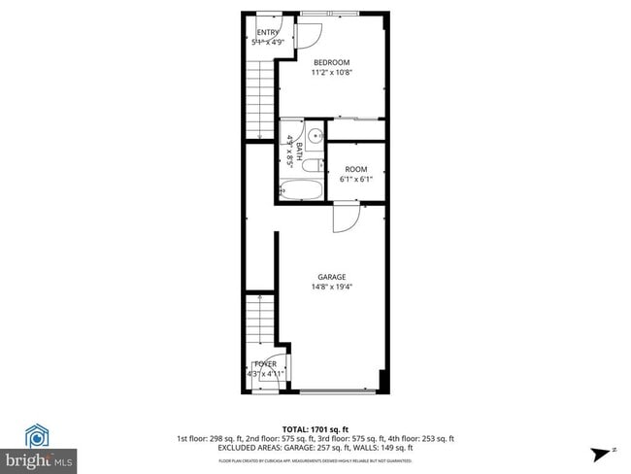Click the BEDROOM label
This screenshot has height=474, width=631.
331,62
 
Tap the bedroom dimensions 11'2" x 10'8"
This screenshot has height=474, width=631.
331,72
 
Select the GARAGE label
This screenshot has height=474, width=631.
331,277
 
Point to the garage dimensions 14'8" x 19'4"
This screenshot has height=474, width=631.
331,287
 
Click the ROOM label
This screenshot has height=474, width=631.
355,169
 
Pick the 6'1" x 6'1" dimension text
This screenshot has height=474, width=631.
355,179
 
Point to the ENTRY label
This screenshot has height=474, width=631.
268,32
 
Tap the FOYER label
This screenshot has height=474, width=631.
265,364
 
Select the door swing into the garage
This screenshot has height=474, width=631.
346,220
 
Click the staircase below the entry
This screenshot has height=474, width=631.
261,97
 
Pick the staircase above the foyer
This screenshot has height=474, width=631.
260,323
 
